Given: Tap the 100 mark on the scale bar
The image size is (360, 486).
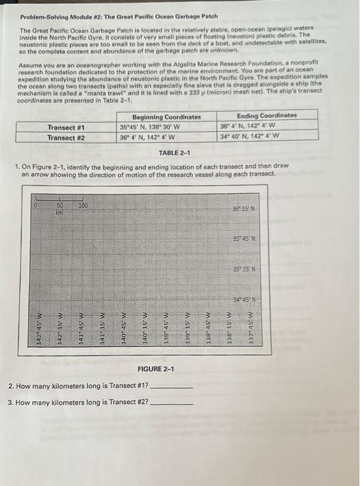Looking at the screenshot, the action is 83,205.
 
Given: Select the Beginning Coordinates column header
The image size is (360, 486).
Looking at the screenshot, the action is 166,117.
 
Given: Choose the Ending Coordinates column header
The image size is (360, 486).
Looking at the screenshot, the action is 266,115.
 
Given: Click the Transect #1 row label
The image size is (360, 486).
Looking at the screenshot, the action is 66,127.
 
